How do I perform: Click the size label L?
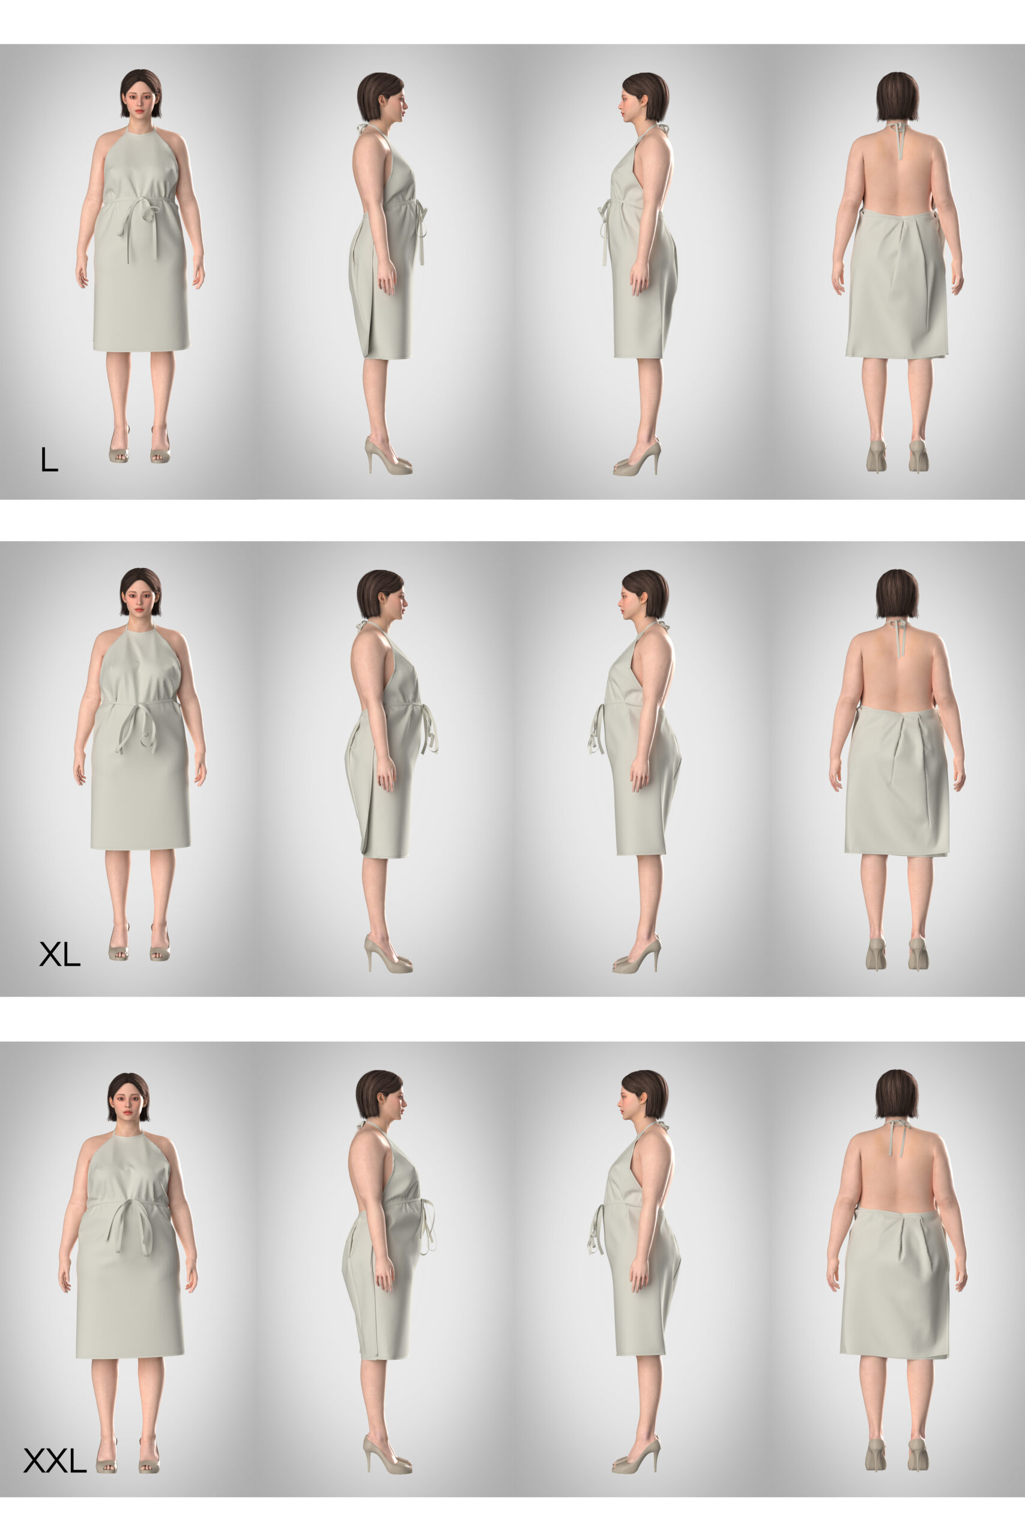(x=49, y=459)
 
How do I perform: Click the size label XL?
(x=59, y=955)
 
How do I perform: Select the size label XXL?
(x=55, y=1460)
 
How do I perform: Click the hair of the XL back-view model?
(x=897, y=593)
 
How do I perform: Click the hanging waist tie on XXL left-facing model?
(x=597, y=1229)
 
